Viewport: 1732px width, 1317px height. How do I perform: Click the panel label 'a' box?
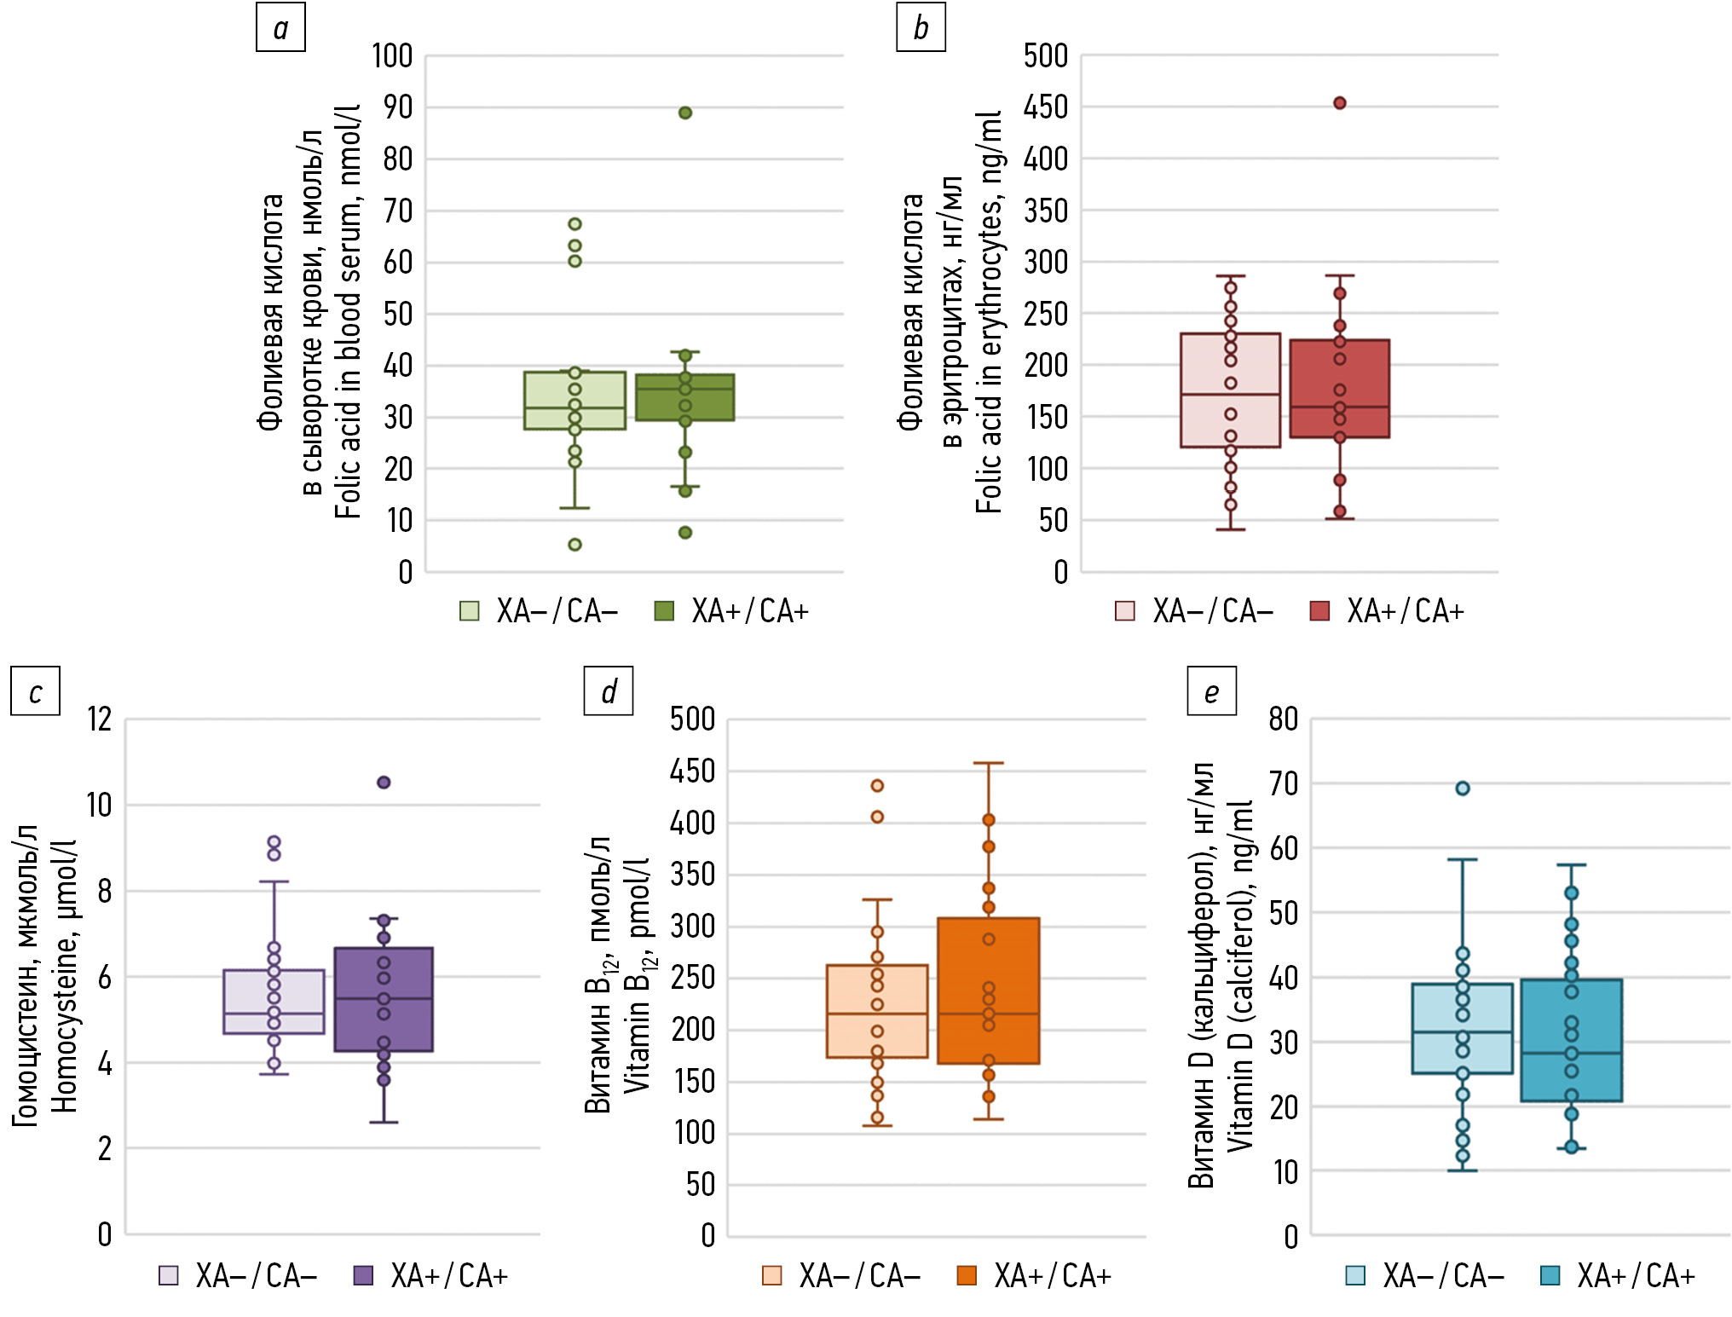(280, 27)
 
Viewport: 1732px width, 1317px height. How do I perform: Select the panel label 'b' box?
(921, 27)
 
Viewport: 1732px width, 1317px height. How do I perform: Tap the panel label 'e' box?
(1211, 690)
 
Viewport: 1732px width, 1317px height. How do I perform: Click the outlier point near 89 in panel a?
(685, 113)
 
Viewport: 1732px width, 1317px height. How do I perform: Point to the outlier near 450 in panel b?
(1340, 103)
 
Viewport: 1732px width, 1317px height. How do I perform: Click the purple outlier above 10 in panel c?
(384, 782)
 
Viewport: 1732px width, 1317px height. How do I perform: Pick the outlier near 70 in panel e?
(1463, 788)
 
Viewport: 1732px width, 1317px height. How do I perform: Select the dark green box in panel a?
(685, 397)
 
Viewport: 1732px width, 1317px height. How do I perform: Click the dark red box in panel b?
(1340, 389)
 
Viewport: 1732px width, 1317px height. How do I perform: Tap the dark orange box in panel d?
(989, 991)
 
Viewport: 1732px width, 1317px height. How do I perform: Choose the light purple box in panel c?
(274, 1002)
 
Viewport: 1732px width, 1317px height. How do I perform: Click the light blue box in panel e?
(1463, 1028)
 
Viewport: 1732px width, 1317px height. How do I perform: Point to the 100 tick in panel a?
(392, 56)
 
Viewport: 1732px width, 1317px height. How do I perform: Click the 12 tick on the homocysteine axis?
(100, 719)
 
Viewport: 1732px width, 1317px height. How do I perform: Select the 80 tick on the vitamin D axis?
(1284, 719)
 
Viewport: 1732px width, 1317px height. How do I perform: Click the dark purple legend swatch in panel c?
(364, 1275)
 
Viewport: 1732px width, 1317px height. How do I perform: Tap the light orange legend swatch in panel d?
(772, 1275)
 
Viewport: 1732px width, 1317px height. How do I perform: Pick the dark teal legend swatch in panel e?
(1550, 1275)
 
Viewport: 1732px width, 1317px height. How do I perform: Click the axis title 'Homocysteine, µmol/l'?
(65, 976)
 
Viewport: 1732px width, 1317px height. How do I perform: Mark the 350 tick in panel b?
(1046, 211)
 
